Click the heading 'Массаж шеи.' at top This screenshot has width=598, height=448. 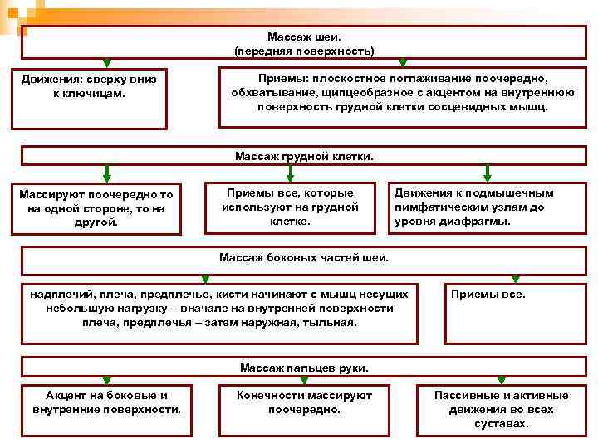[304, 37]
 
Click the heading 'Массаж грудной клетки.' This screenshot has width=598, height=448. [304, 155]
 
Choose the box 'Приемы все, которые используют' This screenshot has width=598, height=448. [290, 207]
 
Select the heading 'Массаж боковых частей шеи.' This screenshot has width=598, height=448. [304, 257]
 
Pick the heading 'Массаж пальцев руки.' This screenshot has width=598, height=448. [304, 367]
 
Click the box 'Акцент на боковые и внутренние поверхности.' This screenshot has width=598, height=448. [106, 402]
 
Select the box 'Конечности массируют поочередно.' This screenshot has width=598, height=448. [304, 402]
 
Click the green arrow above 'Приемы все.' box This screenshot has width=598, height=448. [515, 278]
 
